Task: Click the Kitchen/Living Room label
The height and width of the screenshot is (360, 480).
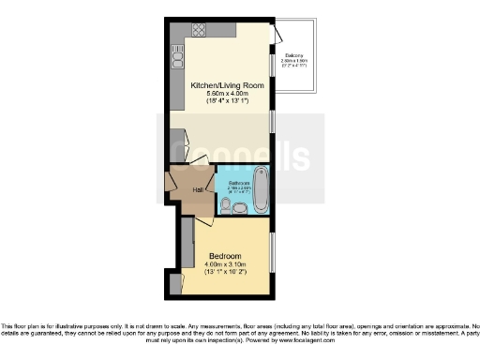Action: click(x=227, y=85)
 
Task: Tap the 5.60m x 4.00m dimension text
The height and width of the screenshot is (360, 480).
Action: click(x=227, y=95)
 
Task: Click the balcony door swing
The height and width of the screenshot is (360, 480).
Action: click(x=276, y=35)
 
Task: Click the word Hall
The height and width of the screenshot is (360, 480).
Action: click(x=199, y=190)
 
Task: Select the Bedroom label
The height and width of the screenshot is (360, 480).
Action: click(x=225, y=256)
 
